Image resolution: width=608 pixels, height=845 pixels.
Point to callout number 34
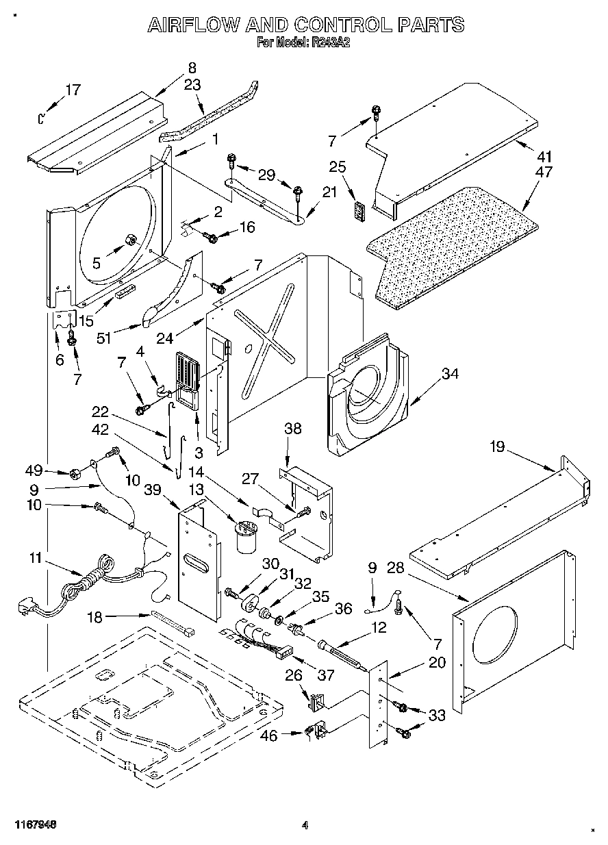point(449,374)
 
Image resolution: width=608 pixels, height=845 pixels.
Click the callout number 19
point(497,447)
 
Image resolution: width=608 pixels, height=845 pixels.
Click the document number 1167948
point(34,825)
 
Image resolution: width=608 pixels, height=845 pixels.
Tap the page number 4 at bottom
point(306,825)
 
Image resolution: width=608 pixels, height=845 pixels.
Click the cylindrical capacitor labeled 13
point(245,537)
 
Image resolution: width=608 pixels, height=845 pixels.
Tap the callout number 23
point(192,85)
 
